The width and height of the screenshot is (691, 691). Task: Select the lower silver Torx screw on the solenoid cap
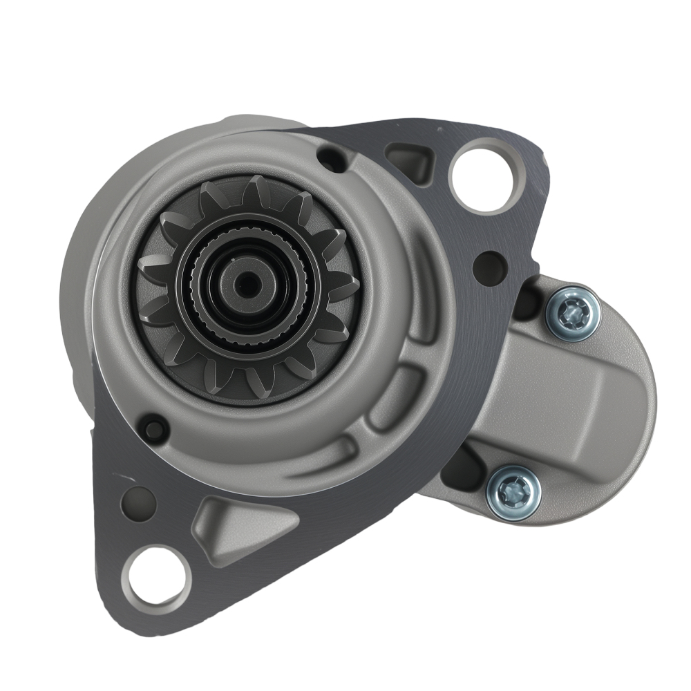click(512, 492)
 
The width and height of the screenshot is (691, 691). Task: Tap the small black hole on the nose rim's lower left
click(153, 428)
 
